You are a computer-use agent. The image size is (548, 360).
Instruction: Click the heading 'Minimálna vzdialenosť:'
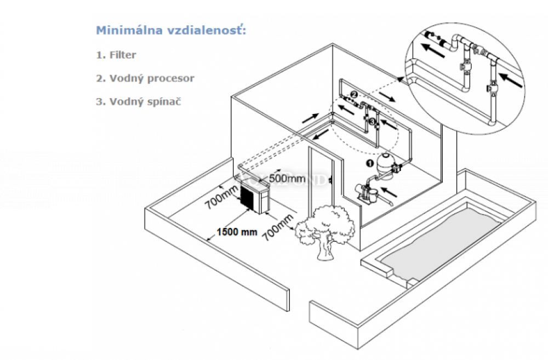(170, 30)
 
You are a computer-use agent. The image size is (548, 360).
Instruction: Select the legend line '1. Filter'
(116, 55)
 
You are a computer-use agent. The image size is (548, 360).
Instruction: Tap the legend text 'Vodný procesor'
(152, 78)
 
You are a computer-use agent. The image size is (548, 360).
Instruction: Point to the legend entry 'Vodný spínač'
(146, 101)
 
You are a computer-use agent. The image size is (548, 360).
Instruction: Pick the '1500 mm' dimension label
(237, 231)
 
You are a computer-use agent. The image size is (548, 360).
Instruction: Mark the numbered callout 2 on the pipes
(353, 94)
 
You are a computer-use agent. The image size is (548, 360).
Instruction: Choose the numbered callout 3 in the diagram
(372, 121)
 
